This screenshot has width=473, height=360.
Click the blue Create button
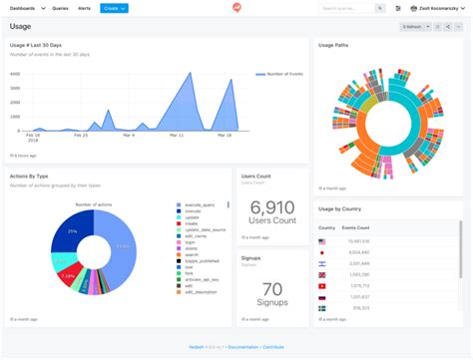click(114, 8)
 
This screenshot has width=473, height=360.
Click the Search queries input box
click(346, 8)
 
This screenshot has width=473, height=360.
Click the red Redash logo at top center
click(236, 8)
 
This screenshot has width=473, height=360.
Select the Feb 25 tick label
click(80, 135)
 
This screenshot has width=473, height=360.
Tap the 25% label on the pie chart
click(72, 231)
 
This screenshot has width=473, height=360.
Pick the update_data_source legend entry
click(204, 229)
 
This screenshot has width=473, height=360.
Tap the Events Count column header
click(356, 228)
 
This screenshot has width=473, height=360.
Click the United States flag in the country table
click(322, 241)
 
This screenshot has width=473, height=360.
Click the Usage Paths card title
click(333, 46)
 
